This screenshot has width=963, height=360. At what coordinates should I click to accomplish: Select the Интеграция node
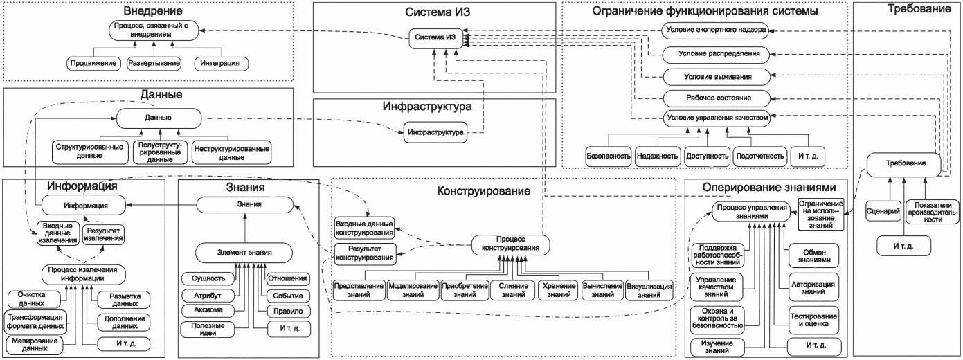pyautogui.click(x=219, y=63)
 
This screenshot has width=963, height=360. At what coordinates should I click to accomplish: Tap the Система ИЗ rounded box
pyautogui.click(x=437, y=37)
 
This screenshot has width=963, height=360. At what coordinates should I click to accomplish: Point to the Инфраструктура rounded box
pyautogui.click(x=435, y=131)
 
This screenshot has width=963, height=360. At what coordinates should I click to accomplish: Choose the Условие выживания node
pyautogui.click(x=717, y=75)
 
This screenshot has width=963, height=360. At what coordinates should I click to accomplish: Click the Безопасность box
pyautogui.click(x=608, y=156)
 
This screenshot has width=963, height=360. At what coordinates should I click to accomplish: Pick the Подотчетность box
pyautogui.click(x=759, y=156)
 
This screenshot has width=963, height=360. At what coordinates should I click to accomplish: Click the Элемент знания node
pyautogui.click(x=242, y=252)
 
